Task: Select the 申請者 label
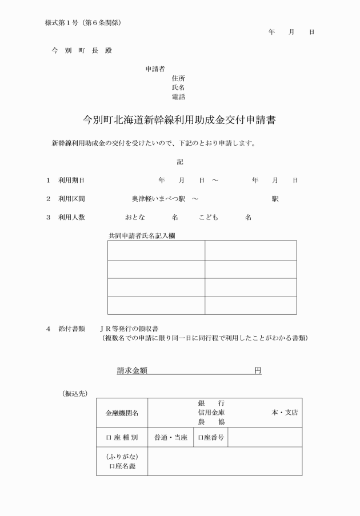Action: click(x=155, y=69)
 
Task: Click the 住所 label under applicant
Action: click(x=178, y=78)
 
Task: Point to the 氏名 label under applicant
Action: click(x=178, y=87)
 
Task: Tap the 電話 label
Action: click(x=178, y=97)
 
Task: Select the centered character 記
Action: click(x=180, y=162)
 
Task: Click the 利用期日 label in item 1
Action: click(x=71, y=180)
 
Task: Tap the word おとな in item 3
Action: click(x=135, y=218)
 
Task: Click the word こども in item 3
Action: click(x=209, y=218)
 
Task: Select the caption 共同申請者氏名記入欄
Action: click(x=142, y=235)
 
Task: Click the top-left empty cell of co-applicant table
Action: click(x=156, y=250)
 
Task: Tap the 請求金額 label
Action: click(x=133, y=371)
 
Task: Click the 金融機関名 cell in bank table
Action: click(x=122, y=413)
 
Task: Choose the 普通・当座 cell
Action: click(x=171, y=438)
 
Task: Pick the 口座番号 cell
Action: click(x=211, y=438)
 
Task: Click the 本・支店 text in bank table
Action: click(x=284, y=413)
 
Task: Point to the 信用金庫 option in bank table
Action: click(x=211, y=413)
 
